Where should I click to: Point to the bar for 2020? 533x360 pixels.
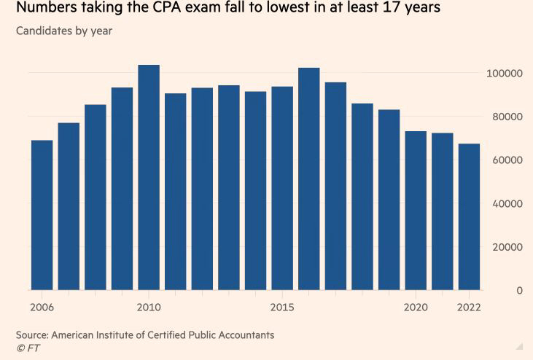click(416, 211)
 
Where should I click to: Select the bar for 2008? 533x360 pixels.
click(96, 197)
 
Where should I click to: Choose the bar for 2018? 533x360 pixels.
click(362, 197)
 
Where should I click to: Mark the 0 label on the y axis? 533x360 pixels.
click(519, 291)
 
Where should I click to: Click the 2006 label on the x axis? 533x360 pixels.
click(42, 307)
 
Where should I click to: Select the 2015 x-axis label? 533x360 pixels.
click(282, 307)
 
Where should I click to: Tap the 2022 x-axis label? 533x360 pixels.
click(469, 307)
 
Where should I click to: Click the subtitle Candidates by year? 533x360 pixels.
click(64, 31)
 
